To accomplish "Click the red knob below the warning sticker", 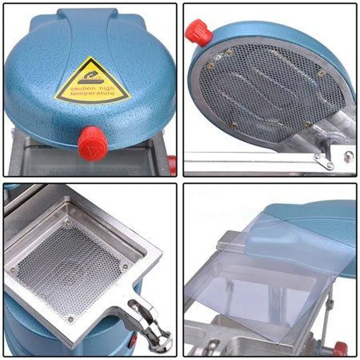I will [92, 143].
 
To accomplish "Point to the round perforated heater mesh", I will [270, 90].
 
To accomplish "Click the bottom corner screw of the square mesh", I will [70, 319].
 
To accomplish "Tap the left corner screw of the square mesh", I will [13, 270].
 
